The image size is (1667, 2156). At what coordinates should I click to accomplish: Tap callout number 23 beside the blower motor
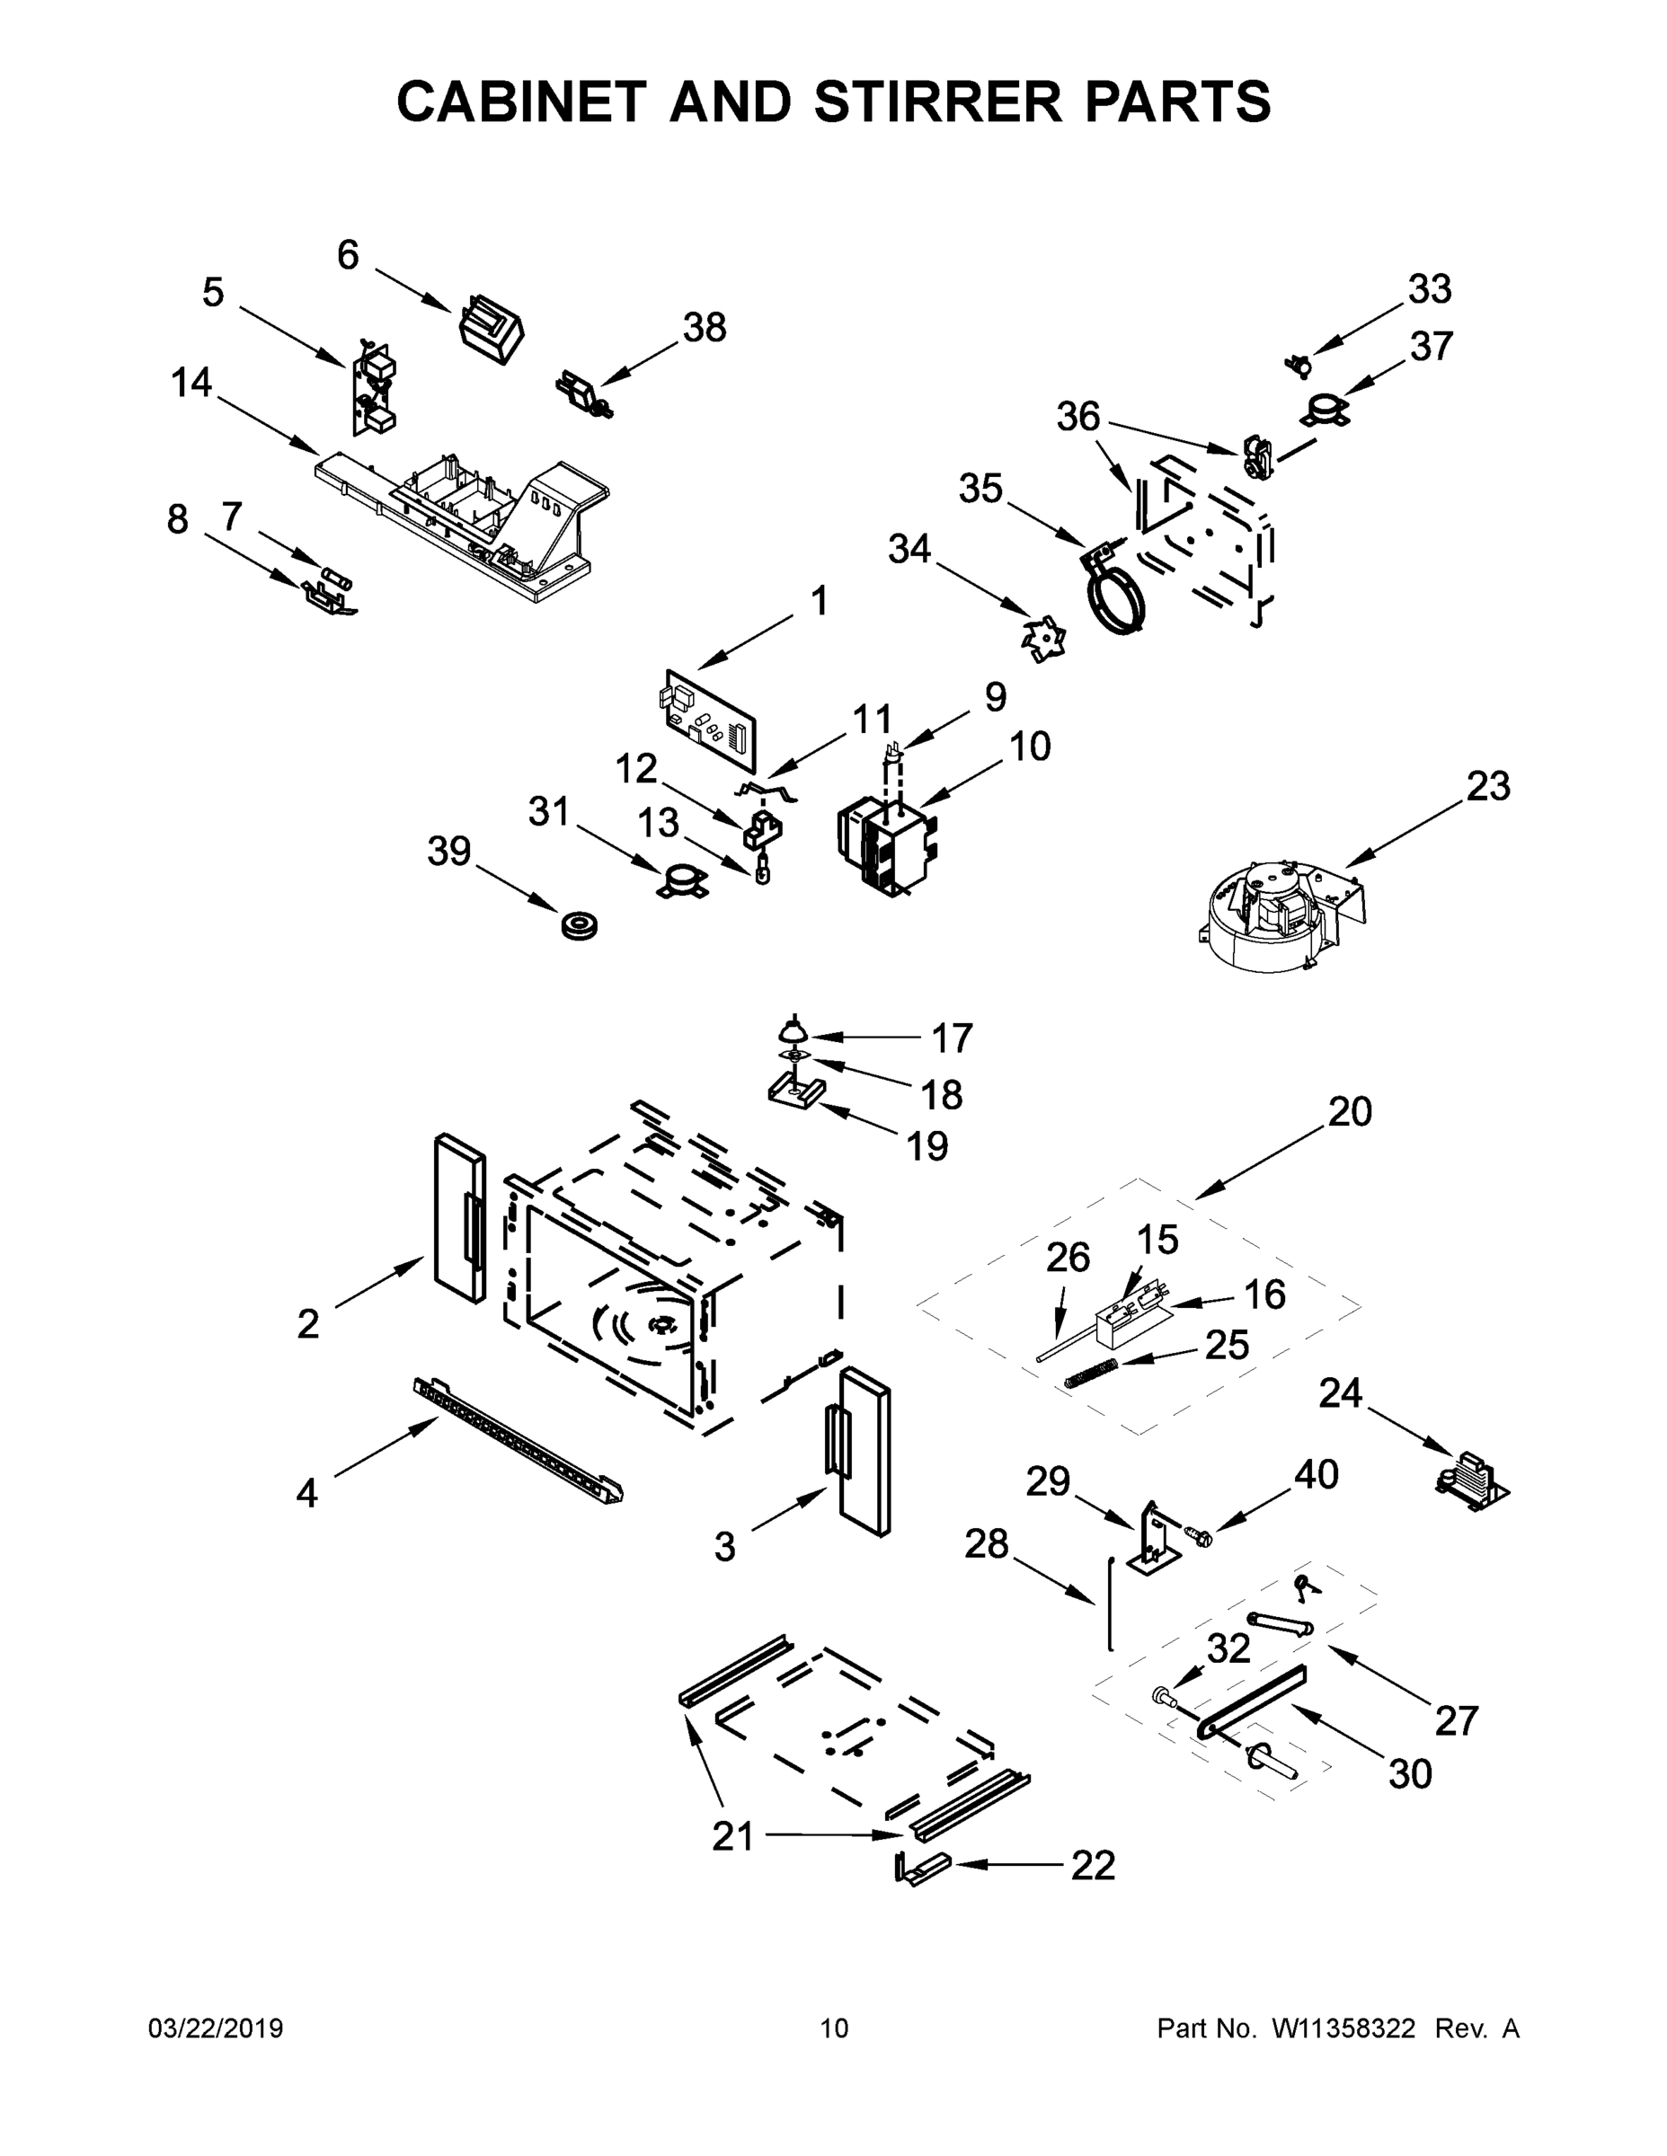click(x=1487, y=787)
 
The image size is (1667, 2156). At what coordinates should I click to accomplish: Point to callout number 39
click(x=449, y=851)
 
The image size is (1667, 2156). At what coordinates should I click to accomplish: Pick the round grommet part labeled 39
click(x=580, y=927)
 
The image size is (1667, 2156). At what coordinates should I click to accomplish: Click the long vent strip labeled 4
click(x=518, y=1442)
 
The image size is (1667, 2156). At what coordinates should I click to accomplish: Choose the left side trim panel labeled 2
click(x=460, y=1217)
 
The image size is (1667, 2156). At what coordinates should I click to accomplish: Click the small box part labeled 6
click(x=492, y=329)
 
